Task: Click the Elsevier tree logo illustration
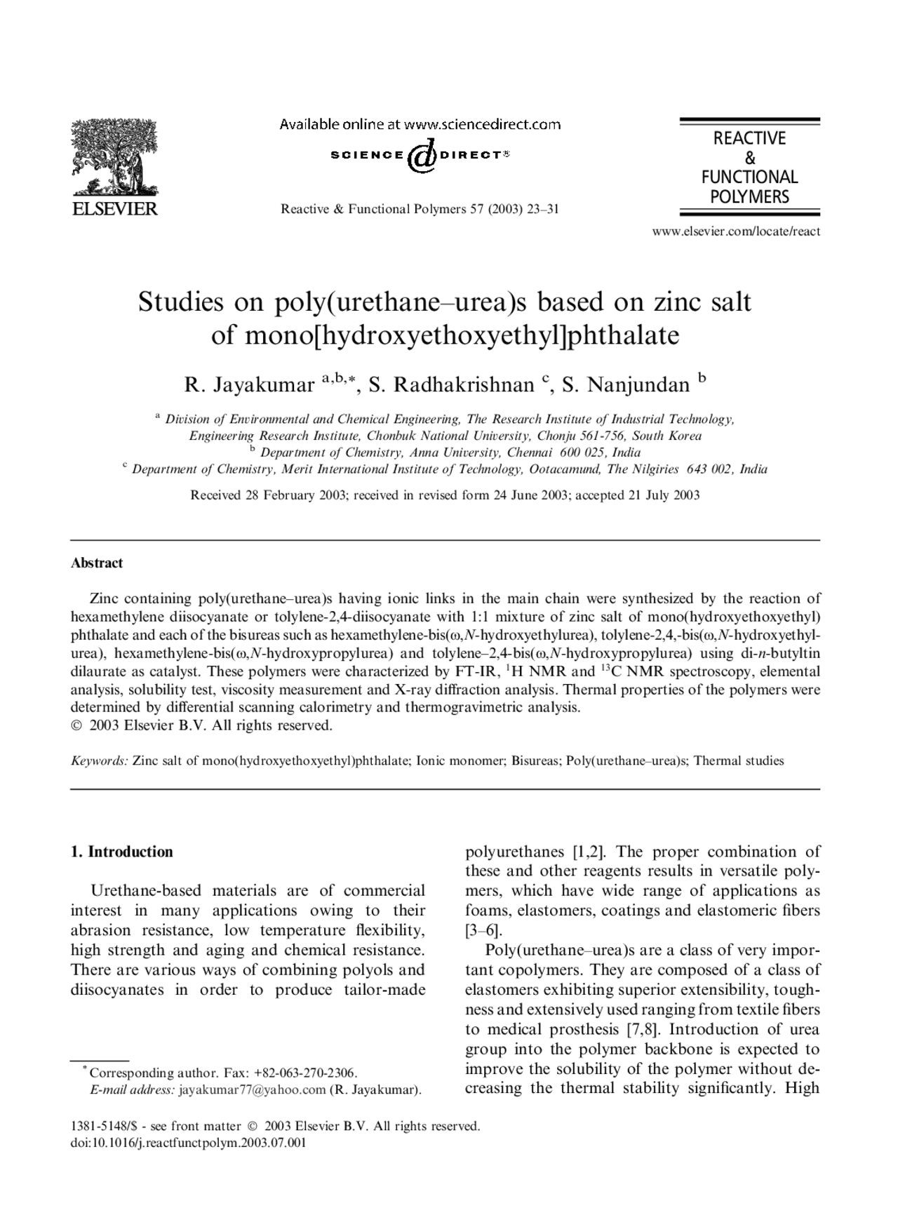(114, 157)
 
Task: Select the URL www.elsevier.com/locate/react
(736, 231)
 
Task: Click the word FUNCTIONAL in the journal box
(749, 177)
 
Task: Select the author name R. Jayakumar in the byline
(249, 384)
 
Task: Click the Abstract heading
(97, 563)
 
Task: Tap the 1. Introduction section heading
(121, 852)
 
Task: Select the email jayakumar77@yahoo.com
(253, 1089)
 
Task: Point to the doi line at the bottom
(189, 1143)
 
